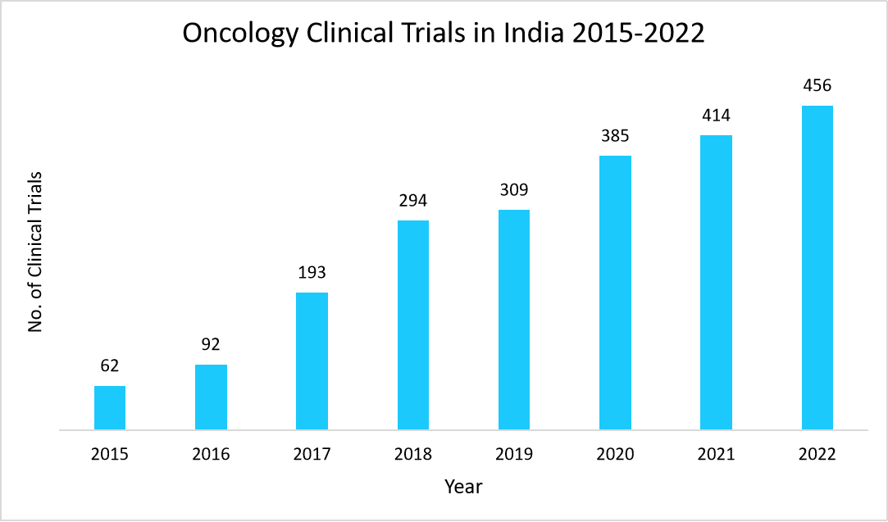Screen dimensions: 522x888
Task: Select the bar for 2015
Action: pos(110,407)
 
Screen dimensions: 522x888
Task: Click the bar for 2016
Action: pos(211,397)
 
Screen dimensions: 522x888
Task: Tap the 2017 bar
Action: pos(312,361)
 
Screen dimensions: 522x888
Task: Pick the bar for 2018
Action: pos(413,325)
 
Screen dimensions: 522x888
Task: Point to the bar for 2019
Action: pos(514,320)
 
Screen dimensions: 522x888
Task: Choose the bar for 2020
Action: pos(615,293)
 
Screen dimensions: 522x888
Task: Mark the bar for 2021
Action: pos(716,282)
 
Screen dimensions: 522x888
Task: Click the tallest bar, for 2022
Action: pos(817,267)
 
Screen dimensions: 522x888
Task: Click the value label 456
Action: pos(817,85)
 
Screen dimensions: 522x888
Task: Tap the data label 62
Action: pos(110,365)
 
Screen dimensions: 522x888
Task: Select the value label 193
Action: pos(312,272)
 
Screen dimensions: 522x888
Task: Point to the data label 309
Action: pos(514,189)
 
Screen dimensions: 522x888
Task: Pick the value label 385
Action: pos(615,135)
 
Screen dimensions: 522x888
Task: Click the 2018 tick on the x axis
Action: pos(413,454)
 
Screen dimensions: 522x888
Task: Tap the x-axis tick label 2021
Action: pos(716,454)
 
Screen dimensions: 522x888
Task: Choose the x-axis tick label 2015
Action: pos(110,454)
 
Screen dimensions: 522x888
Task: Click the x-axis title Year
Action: pos(463,487)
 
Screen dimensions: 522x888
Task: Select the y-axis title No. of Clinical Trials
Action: pos(35,252)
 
